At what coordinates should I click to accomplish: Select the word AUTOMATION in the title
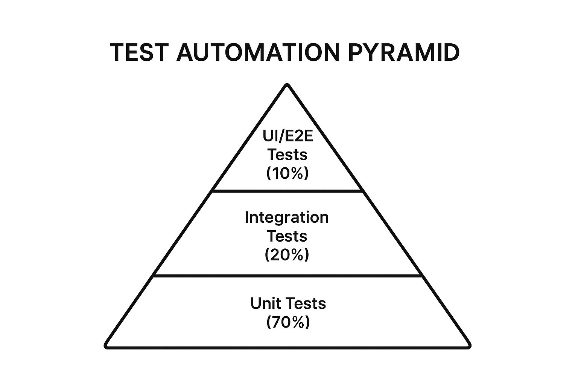(258, 52)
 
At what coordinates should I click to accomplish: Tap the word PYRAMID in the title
(403, 52)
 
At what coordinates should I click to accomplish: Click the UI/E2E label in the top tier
(288, 136)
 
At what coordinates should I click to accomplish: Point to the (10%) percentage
(287, 173)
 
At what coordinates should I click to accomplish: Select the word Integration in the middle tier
(287, 218)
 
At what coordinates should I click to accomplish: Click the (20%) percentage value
(287, 255)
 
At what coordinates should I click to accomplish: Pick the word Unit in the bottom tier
(263, 303)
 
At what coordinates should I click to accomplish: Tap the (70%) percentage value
(288, 322)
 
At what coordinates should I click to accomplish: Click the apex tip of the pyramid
(287, 86)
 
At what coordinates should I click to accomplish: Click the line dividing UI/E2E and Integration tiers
(287, 191)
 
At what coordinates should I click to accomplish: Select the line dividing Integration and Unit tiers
(287, 276)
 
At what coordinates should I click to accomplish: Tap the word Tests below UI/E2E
(287, 155)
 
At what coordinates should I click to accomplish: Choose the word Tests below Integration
(287, 236)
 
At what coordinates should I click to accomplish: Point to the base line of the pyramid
(287, 347)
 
